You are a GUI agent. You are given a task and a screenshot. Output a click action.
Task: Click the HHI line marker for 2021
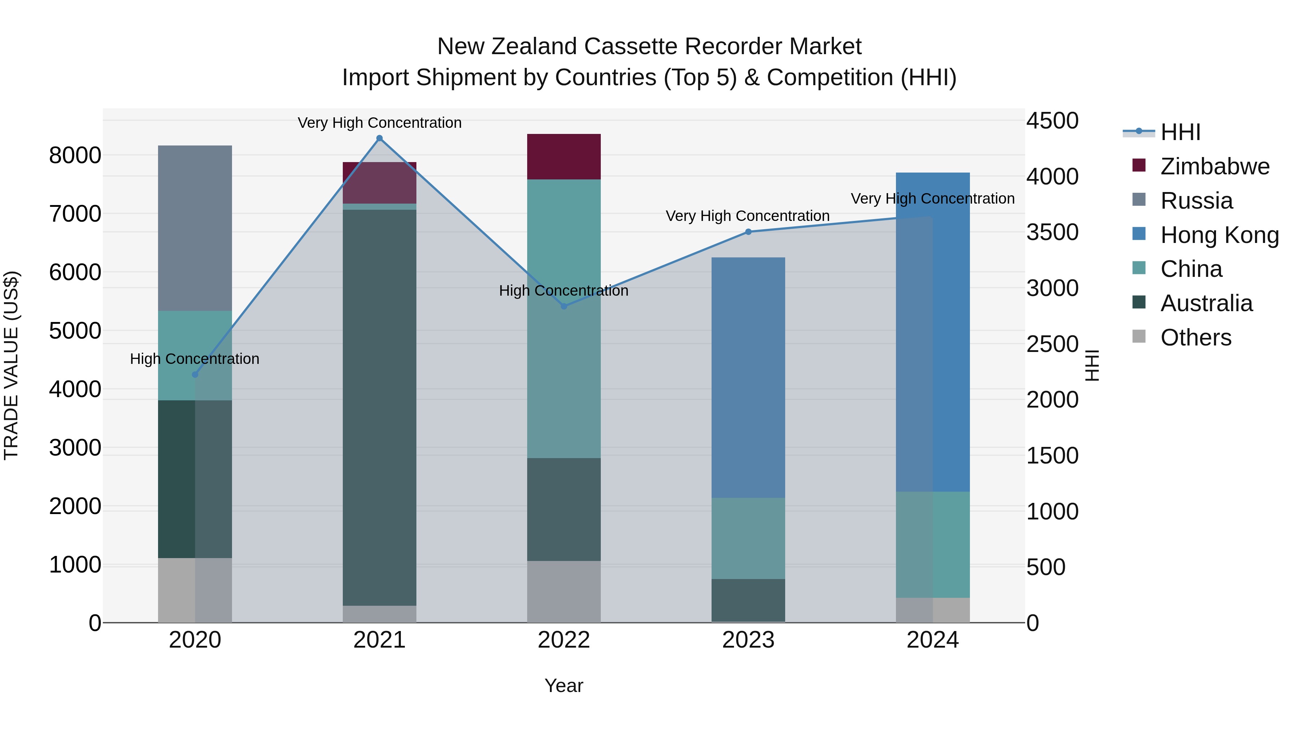point(379,138)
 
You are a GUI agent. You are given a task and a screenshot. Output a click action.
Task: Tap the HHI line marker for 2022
point(564,306)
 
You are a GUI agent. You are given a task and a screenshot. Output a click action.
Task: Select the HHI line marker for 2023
point(748,232)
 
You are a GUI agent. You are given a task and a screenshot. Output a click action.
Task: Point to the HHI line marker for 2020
point(195,375)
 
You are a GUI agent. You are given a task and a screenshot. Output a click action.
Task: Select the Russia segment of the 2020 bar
point(195,228)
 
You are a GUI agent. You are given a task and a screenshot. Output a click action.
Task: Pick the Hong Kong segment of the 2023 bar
point(748,377)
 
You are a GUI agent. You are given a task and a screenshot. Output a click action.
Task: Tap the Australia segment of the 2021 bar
point(379,408)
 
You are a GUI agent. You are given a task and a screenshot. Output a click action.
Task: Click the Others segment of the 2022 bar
point(564,591)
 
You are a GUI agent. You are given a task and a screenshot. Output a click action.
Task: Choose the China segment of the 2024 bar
point(933,545)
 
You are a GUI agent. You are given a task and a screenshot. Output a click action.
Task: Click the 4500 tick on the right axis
point(1052,121)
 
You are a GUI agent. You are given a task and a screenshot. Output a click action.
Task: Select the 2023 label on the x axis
point(748,640)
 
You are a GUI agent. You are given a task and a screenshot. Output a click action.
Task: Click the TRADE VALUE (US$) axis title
point(11,365)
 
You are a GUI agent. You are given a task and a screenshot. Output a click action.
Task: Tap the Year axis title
point(564,686)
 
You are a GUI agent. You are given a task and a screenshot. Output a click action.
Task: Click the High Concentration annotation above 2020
point(194,359)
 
